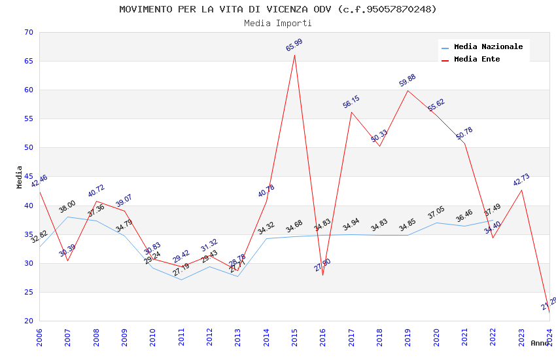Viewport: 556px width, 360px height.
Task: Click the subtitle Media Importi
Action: pos(278,23)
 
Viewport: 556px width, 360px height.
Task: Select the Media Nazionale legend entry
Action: pos(488,47)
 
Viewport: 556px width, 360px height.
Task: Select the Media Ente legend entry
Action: pos(477,60)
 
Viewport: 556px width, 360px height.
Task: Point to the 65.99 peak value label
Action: pos(294,45)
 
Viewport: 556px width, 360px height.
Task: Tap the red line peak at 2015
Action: pos(294,55)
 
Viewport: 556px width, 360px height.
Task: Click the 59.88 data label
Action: pos(408,81)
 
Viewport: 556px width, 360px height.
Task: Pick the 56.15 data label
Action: pos(351,102)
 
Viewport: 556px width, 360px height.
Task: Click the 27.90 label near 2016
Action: pos(322,265)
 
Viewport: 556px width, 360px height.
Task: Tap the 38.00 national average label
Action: pos(67,207)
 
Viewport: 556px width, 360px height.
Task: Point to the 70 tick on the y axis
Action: pos(28,33)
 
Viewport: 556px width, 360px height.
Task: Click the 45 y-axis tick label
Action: pos(28,177)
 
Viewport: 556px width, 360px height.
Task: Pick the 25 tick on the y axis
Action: pos(28,293)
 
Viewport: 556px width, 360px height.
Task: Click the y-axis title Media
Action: pos(20,177)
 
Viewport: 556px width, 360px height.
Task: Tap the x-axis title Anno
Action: pos(540,343)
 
